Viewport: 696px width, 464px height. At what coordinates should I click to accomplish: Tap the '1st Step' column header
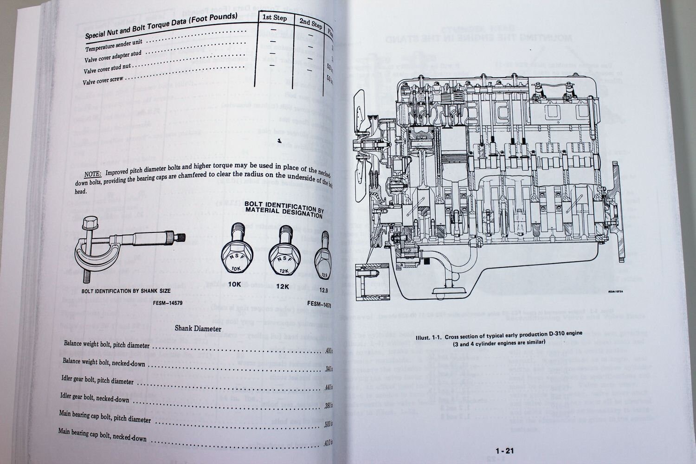(274, 18)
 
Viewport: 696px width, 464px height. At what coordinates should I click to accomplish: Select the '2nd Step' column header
(310, 24)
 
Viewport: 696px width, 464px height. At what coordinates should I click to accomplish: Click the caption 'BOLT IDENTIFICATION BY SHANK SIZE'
(125, 291)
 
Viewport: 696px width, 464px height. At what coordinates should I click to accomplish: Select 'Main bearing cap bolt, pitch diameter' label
(105, 416)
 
